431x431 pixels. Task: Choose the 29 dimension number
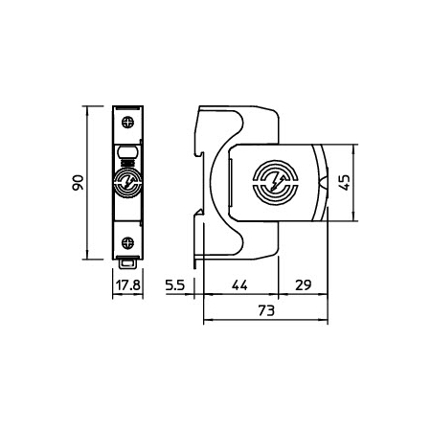coord(304,285)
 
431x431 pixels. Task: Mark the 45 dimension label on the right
coord(370,182)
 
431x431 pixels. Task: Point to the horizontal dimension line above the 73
coord(267,323)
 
